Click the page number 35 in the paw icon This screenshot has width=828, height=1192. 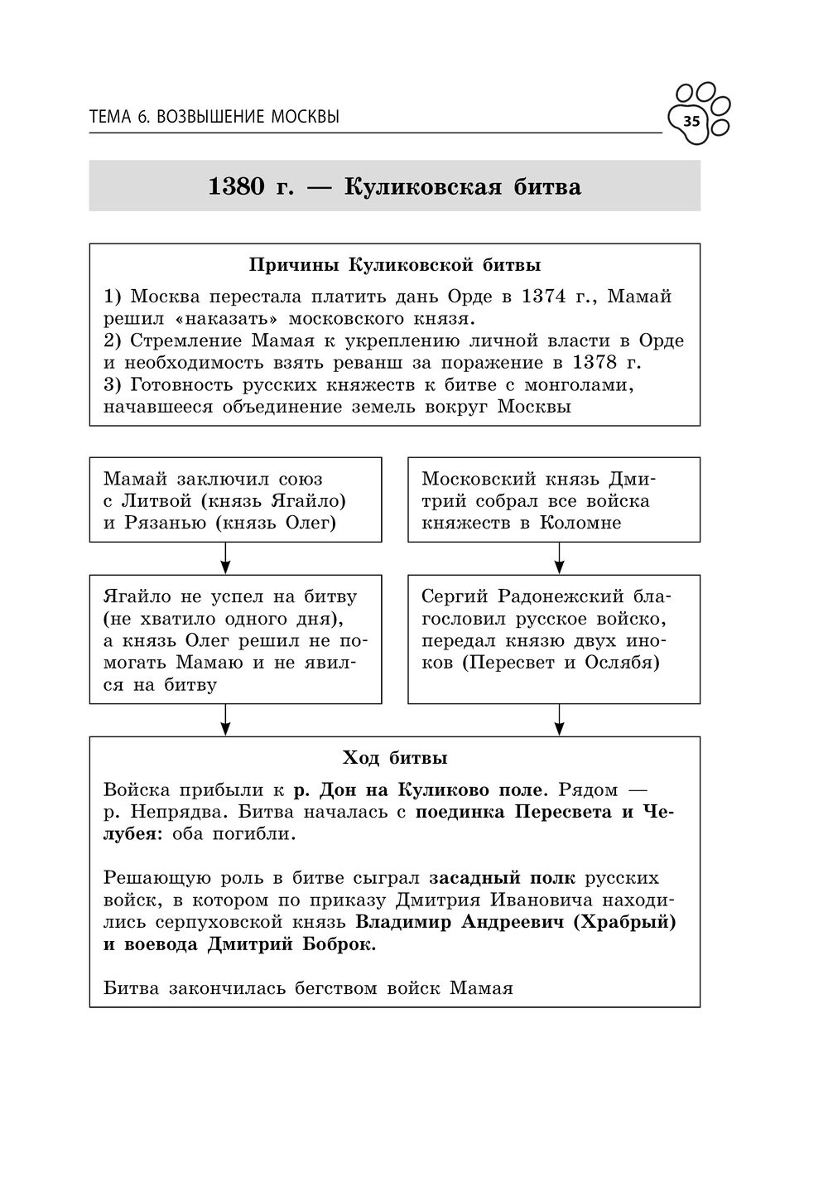(x=691, y=122)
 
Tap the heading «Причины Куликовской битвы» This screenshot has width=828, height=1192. (x=395, y=265)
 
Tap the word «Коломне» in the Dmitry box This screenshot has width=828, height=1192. (x=580, y=524)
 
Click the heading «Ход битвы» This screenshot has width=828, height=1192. (x=395, y=758)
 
